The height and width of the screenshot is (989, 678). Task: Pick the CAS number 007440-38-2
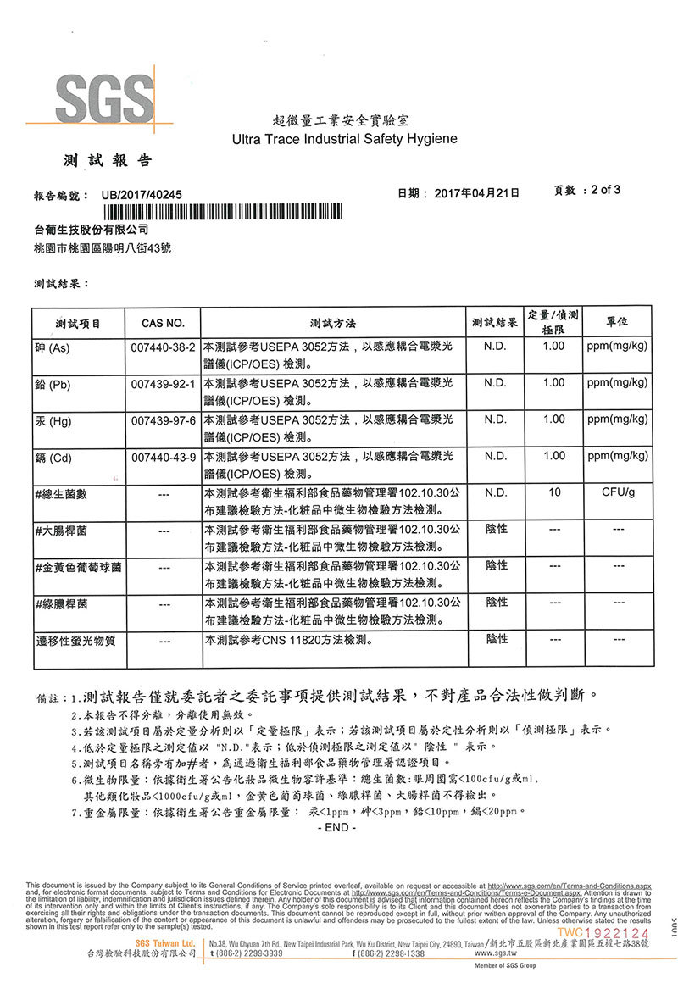[164, 347]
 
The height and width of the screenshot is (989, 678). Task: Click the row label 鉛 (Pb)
[53, 385]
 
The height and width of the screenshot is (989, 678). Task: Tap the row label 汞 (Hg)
[53, 421]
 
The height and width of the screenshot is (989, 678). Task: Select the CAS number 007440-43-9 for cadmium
[164, 458]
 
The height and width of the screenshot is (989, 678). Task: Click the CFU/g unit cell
[618, 492]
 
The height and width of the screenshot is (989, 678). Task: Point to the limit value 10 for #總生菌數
[554, 492]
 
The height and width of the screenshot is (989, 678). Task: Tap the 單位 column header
[618, 323]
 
